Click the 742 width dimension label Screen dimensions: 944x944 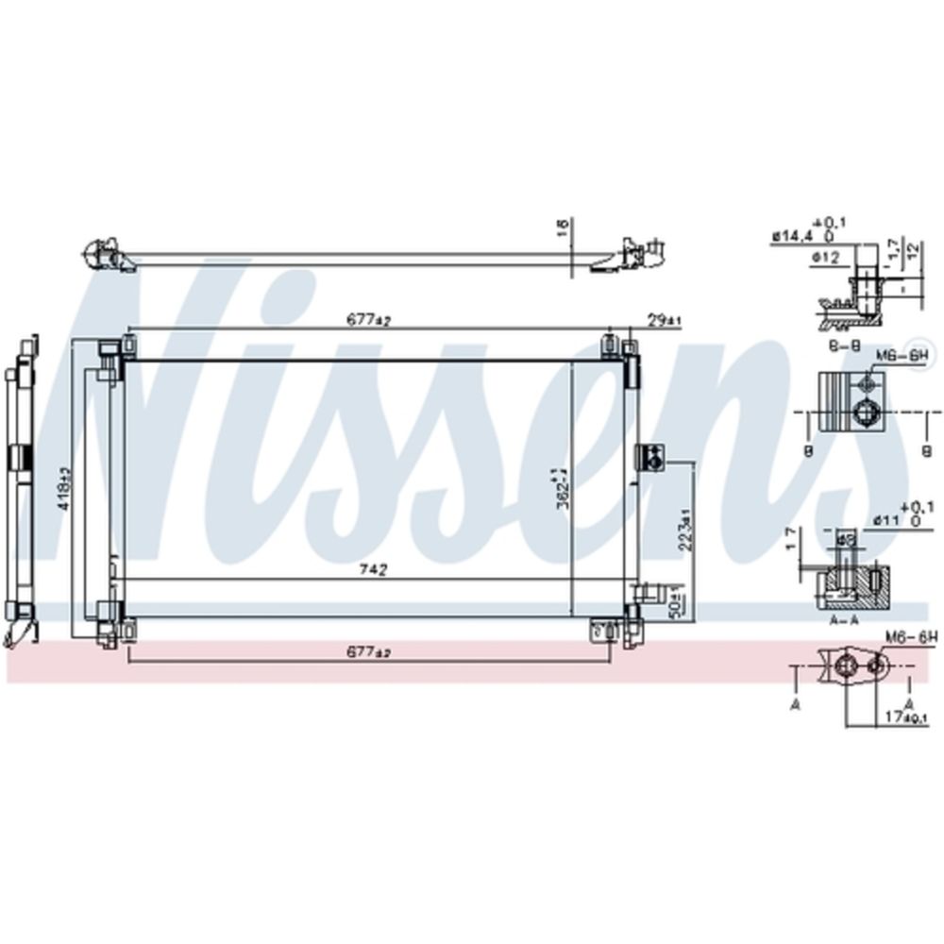point(374,570)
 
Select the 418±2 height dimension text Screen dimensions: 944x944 point(63,488)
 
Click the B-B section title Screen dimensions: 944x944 point(843,347)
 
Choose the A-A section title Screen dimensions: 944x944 point(842,621)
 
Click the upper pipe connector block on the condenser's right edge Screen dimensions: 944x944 point(651,457)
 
